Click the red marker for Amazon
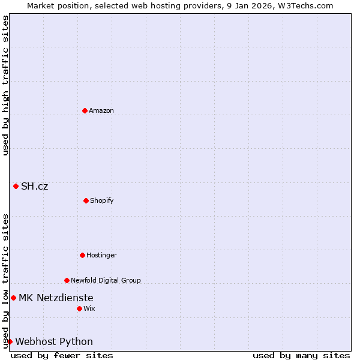point(85,110)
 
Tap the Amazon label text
point(101,110)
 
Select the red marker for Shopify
point(86,200)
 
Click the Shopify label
point(102,200)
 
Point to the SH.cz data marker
point(16,186)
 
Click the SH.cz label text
point(34,187)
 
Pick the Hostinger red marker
point(82,255)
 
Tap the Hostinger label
point(101,255)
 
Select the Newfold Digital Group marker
point(67,280)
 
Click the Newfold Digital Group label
point(106,280)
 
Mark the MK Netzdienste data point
point(13,298)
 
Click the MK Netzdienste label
point(56,298)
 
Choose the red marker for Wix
point(79,308)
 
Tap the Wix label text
point(89,308)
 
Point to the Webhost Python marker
point(10,341)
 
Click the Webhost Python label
point(54,342)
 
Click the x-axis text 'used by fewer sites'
point(62,355)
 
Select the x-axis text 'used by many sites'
point(301,355)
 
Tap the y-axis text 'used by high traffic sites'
point(5,85)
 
